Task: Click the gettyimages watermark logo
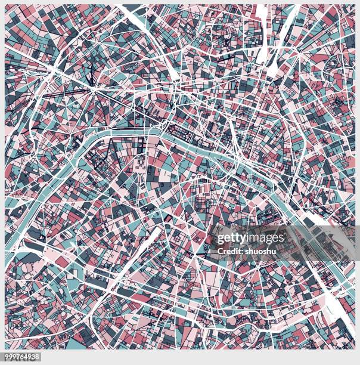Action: click(250, 238)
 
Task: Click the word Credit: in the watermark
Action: click(230, 251)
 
